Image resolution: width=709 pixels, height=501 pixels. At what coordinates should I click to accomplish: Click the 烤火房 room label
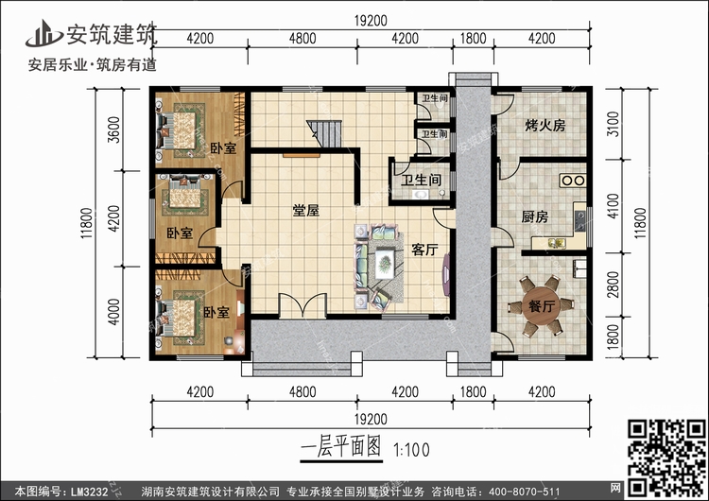coord(545,125)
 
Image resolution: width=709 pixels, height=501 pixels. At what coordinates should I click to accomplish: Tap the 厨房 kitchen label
coord(535,216)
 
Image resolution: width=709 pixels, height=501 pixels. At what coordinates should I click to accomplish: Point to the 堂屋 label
coord(303,211)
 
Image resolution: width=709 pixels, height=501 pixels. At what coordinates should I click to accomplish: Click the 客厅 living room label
coord(424,249)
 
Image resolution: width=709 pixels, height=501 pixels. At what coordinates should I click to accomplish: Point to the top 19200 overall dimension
coord(371,17)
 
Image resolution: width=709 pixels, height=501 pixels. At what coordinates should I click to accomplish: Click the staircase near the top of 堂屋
coord(323,134)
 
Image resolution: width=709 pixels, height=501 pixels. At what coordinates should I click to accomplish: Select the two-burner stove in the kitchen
coord(573,180)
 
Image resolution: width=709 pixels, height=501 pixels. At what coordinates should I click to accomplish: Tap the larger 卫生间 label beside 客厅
coord(419,181)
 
